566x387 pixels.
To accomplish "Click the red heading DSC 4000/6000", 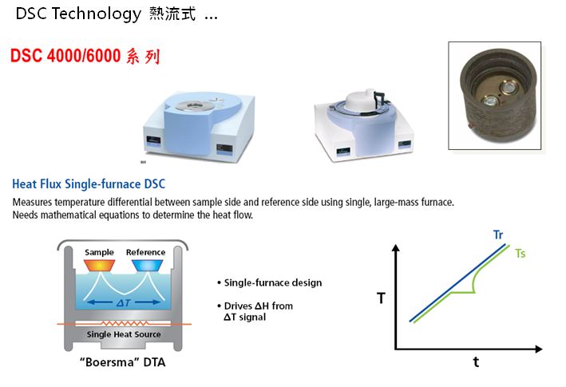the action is (65, 56).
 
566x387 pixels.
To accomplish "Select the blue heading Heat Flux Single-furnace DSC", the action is (89, 184).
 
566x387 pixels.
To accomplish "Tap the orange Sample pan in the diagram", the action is (99, 266).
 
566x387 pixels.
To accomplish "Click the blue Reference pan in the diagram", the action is (147, 266).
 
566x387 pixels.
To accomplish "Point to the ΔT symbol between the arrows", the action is (124, 302).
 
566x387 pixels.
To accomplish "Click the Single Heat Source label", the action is (124, 334).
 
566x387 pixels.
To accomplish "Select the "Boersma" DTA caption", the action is (123, 361).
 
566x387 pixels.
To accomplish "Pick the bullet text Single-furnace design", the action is (273, 282).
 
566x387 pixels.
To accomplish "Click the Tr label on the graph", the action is (498, 235).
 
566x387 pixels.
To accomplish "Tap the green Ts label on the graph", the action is (520, 253).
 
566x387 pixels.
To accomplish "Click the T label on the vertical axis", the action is (381, 298).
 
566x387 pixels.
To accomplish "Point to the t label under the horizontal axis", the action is (476, 361).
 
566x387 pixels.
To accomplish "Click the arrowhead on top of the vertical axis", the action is (396, 247).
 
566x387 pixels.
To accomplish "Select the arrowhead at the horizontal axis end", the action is (539, 349).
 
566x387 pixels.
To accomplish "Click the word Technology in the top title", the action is (97, 14).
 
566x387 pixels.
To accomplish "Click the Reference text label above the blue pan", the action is (145, 252).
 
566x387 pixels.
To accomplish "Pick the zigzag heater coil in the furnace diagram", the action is (125, 323).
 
